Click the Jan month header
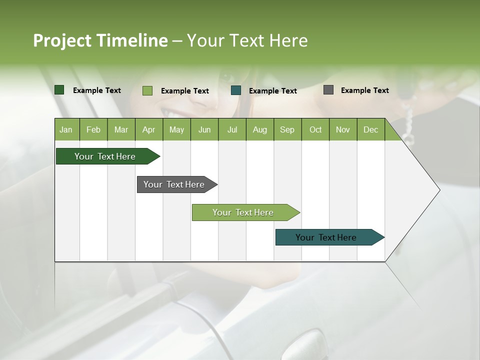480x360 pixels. [x=66, y=129]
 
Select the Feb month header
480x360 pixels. [x=93, y=129]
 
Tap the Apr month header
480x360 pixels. [x=148, y=129]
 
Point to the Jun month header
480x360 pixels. [x=204, y=129]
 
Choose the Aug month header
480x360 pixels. [x=259, y=129]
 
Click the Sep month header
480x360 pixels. [x=287, y=129]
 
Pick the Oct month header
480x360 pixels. [x=315, y=129]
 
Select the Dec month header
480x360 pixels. [x=370, y=129]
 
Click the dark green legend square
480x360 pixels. [x=59, y=90]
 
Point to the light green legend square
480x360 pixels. [x=147, y=90]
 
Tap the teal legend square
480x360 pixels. [x=236, y=90]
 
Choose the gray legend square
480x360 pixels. [x=328, y=90]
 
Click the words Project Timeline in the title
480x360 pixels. [x=100, y=40]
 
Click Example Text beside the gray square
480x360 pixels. [x=364, y=90]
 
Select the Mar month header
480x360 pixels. [x=121, y=129]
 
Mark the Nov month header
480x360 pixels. [x=342, y=129]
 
